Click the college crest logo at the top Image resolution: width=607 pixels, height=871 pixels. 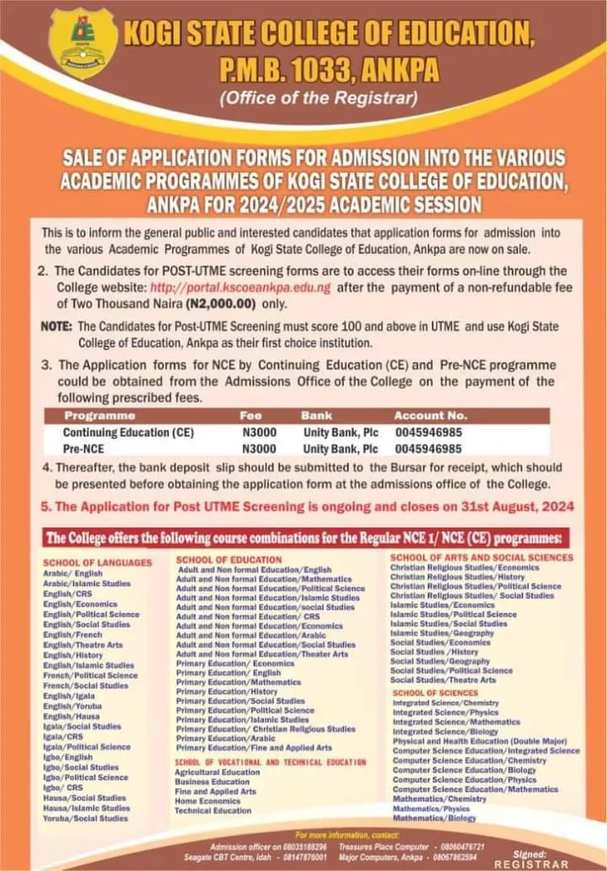(83, 43)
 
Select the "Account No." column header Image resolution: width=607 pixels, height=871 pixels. (430, 416)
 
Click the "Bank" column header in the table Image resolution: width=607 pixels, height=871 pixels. (317, 416)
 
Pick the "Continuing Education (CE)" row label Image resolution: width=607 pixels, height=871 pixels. (129, 432)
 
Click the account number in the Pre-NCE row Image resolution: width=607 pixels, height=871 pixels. (427, 448)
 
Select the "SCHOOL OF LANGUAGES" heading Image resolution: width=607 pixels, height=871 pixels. (98, 562)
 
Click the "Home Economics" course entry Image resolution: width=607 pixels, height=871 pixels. (208, 801)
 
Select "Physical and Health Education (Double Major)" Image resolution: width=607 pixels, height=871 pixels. (480, 741)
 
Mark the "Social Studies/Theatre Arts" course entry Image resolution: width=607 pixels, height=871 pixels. (443, 680)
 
